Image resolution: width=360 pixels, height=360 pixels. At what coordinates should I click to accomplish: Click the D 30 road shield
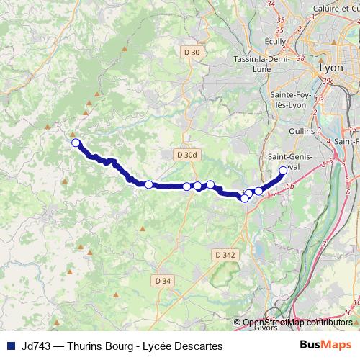point(192,52)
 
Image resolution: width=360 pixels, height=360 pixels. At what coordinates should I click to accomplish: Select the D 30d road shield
point(185,154)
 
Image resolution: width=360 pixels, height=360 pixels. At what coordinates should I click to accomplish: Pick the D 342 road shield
point(225,254)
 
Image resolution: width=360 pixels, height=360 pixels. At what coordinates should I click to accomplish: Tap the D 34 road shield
point(163,280)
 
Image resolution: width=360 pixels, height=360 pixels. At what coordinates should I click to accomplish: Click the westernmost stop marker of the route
point(76,143)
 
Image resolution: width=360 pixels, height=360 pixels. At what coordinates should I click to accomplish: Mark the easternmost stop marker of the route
point(283,171)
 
